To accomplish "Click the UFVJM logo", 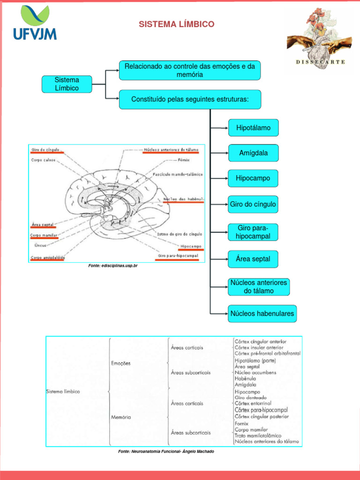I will tap(35, 23).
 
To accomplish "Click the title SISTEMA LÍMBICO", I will tap(176, 24).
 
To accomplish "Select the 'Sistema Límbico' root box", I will tap(67, 84).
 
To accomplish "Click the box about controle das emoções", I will tap(189, 70).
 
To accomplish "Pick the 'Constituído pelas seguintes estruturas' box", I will tap(189, 100).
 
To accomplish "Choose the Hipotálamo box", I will tap(253, 127).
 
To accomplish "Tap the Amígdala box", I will tap(253, 153).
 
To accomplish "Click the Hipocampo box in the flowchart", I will tap(253, 179).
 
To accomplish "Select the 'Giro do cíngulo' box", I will tap(253, 204).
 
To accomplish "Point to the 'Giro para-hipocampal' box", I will tap(253, 232).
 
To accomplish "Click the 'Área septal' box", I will tap(253, 259).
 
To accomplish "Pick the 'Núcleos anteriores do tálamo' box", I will tap(258, 287).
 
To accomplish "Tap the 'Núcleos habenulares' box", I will tap(262, 313).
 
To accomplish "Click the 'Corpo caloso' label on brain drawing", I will tap(43, 160).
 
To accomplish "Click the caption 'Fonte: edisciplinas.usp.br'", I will tap(113, 266).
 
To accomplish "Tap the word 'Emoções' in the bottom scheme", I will tap(121, 363).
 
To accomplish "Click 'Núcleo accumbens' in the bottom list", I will tap(255, 373).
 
